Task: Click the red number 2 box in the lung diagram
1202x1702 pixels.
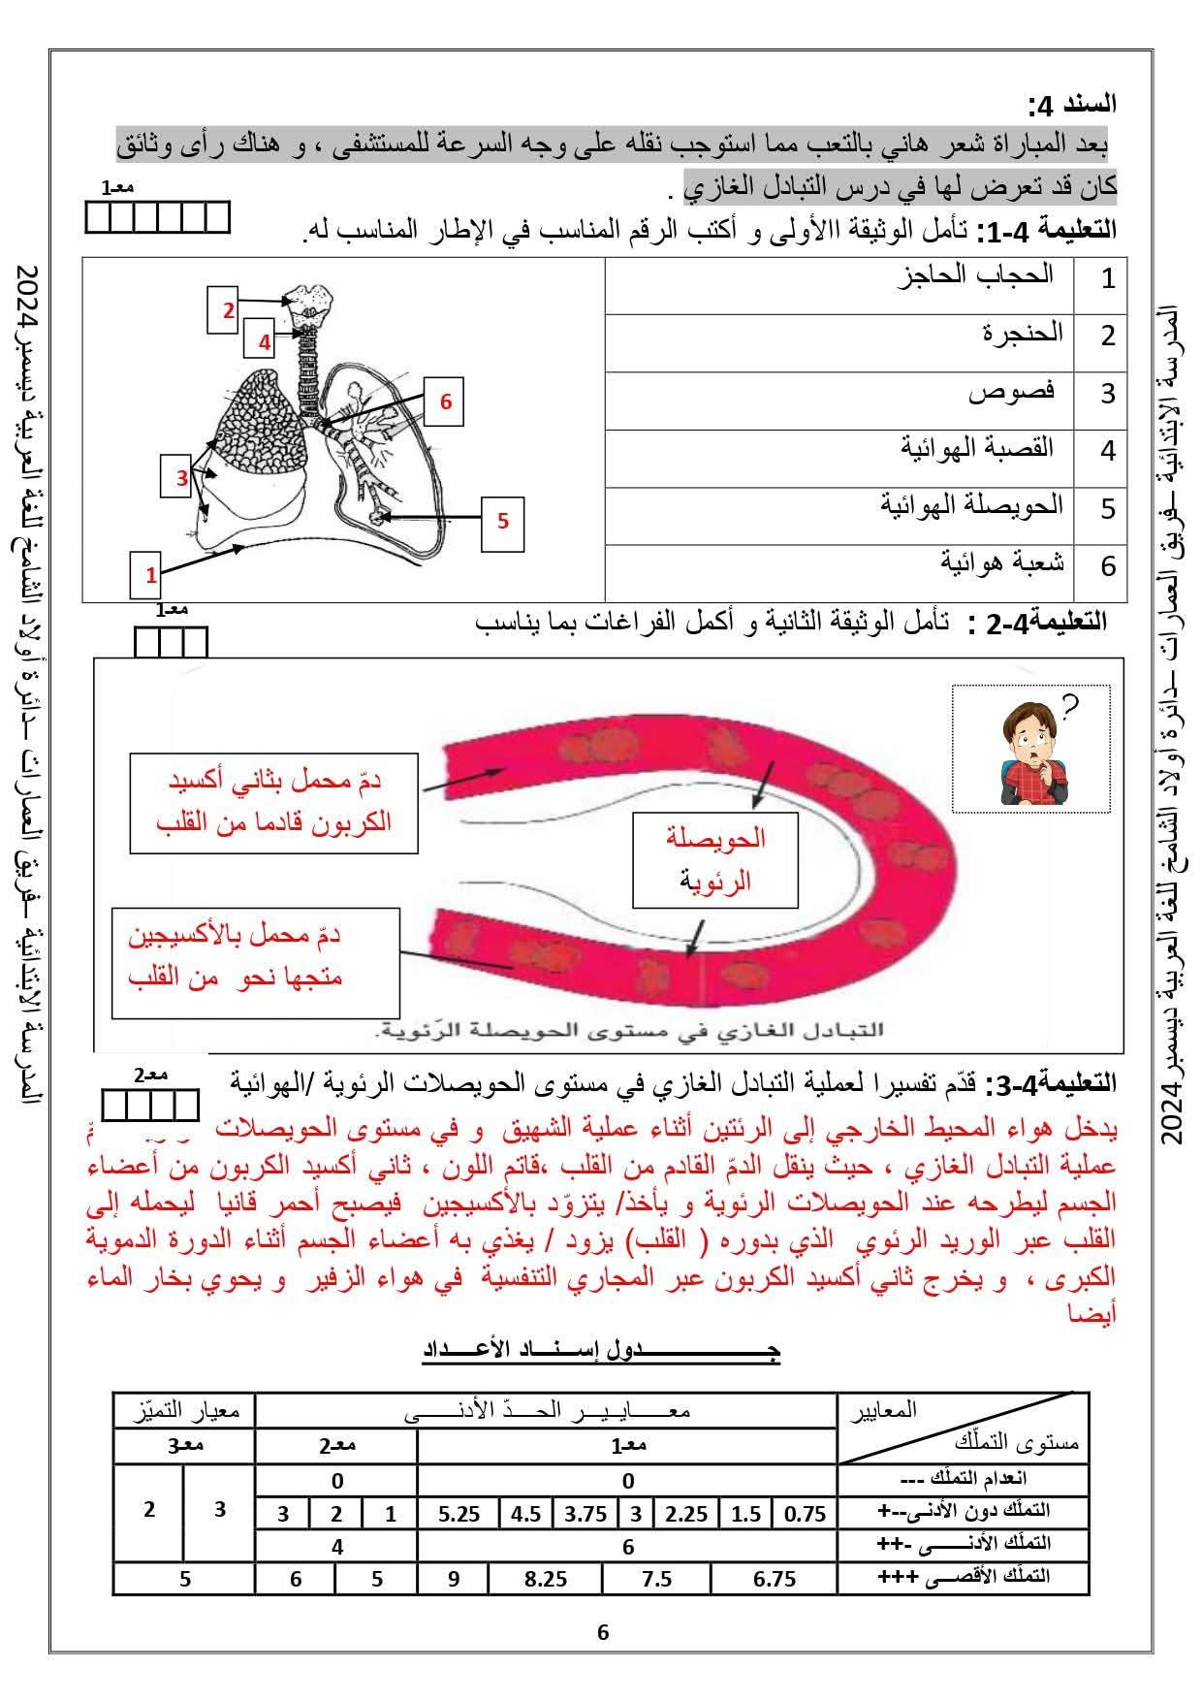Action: point(229,310)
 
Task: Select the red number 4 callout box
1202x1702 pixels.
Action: point(264,340)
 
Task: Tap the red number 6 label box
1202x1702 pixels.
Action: point(445,401)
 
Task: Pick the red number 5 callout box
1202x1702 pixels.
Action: point(502,521)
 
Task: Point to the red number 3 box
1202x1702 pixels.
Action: point(182,477)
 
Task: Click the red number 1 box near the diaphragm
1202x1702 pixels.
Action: point(151,574)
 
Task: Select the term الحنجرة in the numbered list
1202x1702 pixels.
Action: point(1022,334)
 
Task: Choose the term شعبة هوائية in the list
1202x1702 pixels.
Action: point(1001,562)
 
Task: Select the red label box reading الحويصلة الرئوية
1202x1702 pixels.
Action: point(715,858)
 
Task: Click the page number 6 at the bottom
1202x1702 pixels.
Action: point(603,1632)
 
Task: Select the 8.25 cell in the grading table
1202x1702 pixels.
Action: point(545,1579)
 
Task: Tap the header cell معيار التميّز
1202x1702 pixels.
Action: point(184,1410)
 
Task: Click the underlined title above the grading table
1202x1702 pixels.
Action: point(601,1349)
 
